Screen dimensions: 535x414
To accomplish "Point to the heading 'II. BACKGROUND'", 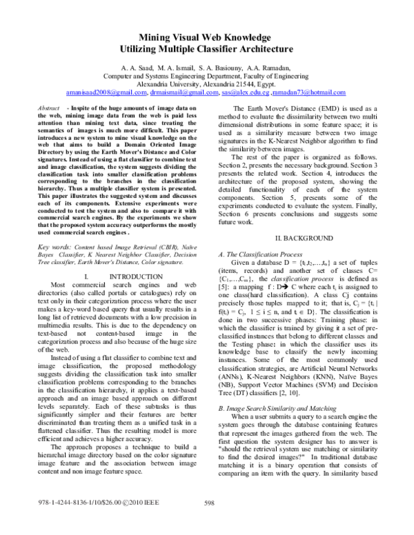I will pos(304,237).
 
